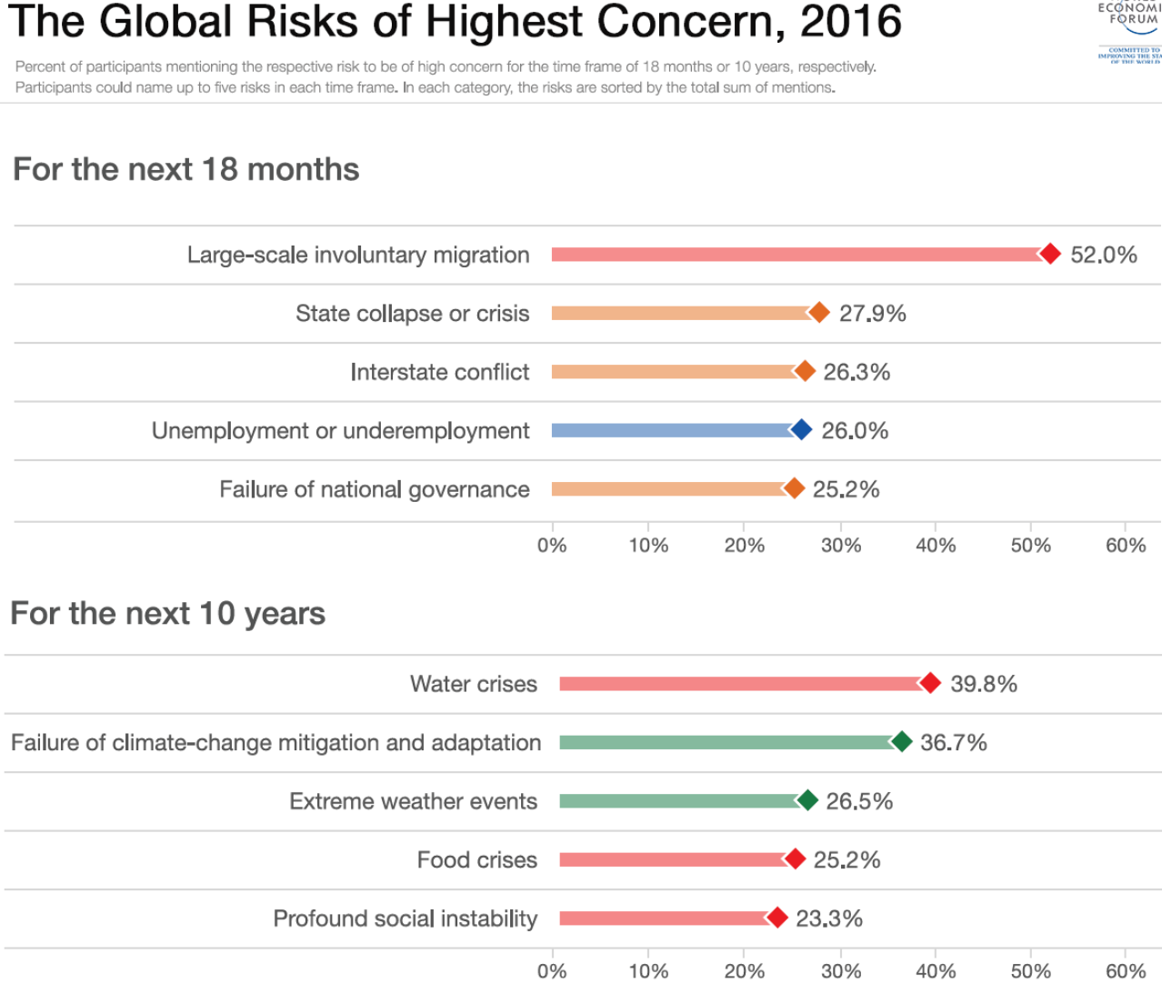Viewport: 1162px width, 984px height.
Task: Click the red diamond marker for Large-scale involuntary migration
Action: pyautogui.click(x=1050, y=254)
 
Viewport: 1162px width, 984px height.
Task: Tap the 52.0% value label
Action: pyautogui.click(x=1103, y=255)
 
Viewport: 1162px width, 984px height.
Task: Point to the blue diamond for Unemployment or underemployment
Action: pyautogui.click(x=801, y=430)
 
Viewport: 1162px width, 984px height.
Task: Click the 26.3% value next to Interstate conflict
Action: pyautogui.click(x=856, y=372)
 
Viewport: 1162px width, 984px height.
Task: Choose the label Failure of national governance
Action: pyautogui.click(x=374, y=489)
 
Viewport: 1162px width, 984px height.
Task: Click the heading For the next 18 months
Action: pyautogui.click(x=186, y=169)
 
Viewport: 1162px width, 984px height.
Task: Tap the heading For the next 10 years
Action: pyautogui.click(x=167, y=614)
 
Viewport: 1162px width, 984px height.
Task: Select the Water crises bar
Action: pyautogui.click(x=741, y=684)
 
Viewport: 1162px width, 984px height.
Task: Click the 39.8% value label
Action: pyautogui.click(x=983, y=684)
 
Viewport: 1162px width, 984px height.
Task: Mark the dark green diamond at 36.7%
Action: pyautogui.click(x=901, y=742)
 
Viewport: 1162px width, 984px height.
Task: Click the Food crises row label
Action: pyautogui.click(x=476, y=860)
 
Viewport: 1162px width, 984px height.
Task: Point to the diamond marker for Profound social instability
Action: pyautogui.click(x=776, y=918)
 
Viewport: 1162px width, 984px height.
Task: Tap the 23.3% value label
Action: pyautogui.click(x=828, y=919)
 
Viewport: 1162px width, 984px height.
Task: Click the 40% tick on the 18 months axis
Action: pyautogui.click(x=935, y=546)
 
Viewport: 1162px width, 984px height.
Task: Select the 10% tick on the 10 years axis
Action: pyautogui.click(x=648, y=971)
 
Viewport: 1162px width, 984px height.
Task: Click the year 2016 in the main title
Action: pyautogui.click(x=850, y=22)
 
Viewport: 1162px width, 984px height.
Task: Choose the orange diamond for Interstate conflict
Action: pyautogui.click(x=805, y=371)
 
